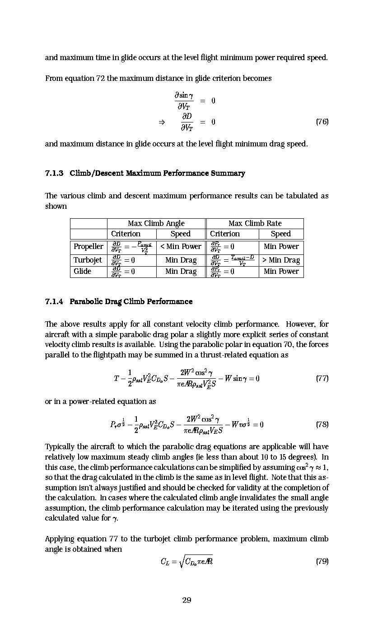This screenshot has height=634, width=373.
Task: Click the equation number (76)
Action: click(322, 122)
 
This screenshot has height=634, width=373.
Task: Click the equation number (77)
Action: click(322, 378)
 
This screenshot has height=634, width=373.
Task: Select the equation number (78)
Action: click(322, 424)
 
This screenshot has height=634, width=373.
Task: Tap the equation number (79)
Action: click(322, 561)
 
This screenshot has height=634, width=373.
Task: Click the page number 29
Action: click(186, 600)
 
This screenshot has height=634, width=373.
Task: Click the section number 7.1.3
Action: click(54, 173)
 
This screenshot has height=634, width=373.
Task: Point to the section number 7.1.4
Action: click(54, 301)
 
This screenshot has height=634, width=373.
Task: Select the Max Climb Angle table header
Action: click(156, 223)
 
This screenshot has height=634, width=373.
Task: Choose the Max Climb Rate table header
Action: click(255, 223)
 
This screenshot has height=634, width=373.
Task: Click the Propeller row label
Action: click(89, 247)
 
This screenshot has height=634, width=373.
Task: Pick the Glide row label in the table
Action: click(82, 271)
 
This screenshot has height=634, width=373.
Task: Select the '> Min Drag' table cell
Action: click(281, 260)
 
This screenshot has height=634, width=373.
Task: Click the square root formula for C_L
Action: click(186, 561)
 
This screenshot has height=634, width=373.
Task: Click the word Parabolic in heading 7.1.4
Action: click(86, 301)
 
